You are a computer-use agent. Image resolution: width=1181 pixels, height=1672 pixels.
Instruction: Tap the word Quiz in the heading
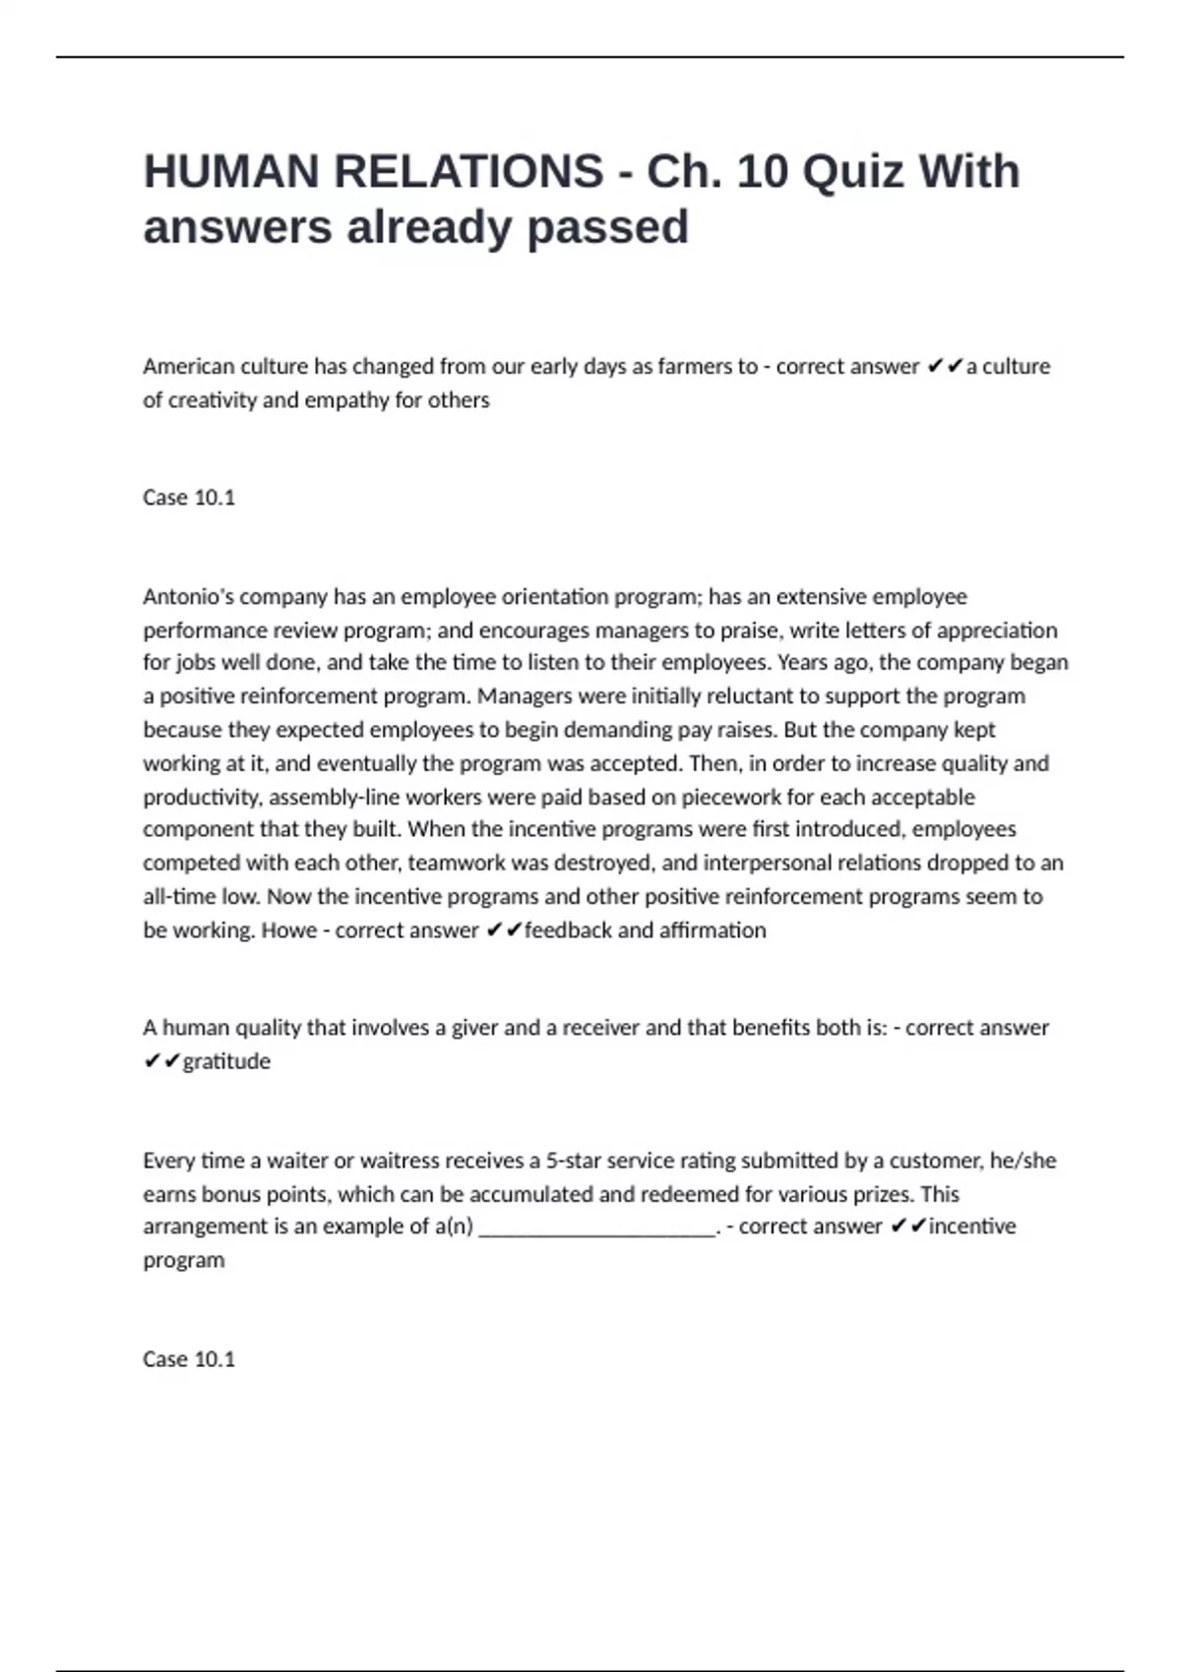tap(852, 172)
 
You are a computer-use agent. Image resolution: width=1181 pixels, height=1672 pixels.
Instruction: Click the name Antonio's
tap(188, 597)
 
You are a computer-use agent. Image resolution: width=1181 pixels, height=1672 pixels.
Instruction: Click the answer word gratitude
tap(226, 1062)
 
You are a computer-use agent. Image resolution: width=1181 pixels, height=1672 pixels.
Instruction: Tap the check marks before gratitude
tap(161, 1062)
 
